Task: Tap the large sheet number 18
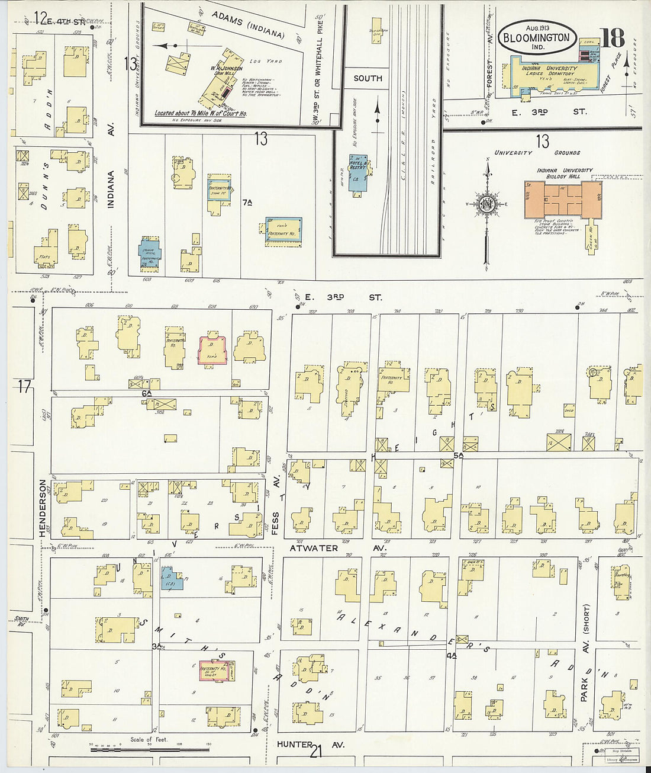[x=613, y=39]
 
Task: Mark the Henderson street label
[x=43, y=508]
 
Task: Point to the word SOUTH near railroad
[x=368, y=78]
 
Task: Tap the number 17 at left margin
[x=24, y=387]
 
